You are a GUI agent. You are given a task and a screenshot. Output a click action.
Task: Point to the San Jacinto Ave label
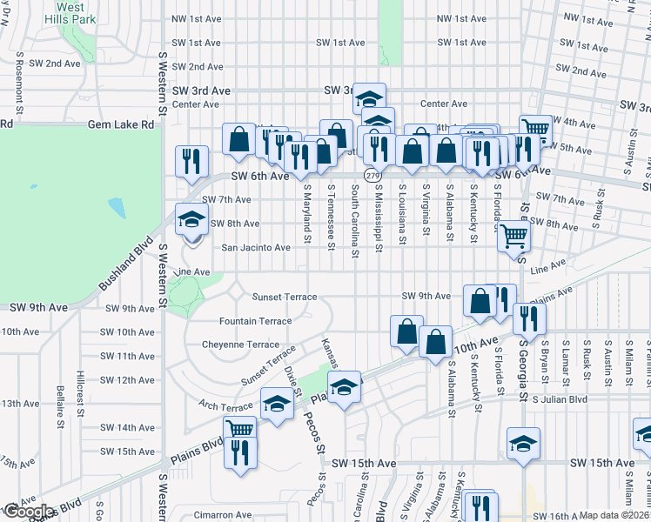(256, 248)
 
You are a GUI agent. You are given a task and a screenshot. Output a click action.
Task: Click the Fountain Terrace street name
(256, 321)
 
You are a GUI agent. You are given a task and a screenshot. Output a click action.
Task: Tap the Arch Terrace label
(225, 406)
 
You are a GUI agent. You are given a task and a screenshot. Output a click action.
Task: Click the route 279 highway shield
(372, 176)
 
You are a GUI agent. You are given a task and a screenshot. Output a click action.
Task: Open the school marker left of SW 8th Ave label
(191, 220)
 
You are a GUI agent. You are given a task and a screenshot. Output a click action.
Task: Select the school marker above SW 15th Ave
(522, 445)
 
